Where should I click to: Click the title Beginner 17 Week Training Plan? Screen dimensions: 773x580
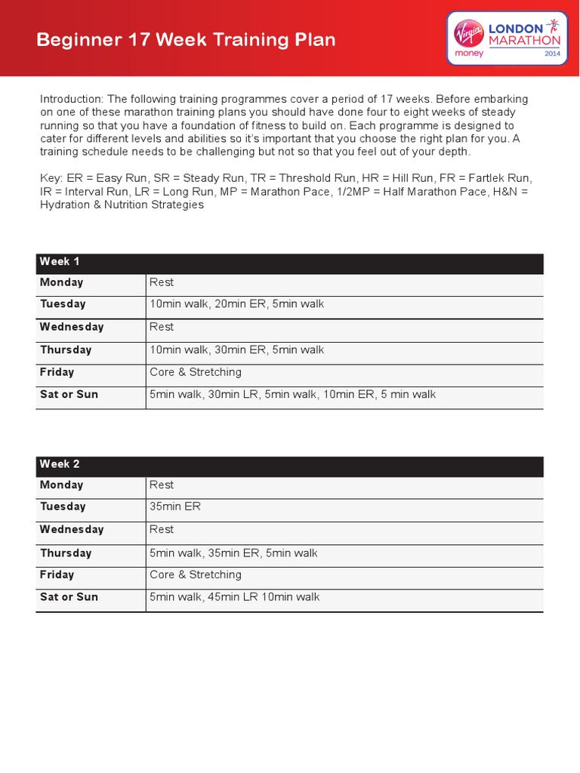coord(187,40)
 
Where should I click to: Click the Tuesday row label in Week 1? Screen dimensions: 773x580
coord(63,304)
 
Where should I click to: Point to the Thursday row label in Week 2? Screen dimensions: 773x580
coord(66,553)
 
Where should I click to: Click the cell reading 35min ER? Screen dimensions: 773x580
coord(175,507)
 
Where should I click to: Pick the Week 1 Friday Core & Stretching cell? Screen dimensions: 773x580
coord(196,372)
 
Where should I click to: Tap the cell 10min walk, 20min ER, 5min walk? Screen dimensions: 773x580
coord(237,304)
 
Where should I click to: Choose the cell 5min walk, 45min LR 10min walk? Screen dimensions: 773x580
coord(235,597)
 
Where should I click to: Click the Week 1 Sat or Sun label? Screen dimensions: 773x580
coord(69,394)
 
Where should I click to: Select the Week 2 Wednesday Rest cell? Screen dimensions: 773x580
coord(162,529)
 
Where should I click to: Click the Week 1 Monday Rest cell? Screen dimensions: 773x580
coord(162,282)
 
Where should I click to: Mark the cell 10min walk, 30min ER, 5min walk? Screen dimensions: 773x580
coord(237,350)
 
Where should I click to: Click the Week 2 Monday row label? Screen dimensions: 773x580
coord(61,485)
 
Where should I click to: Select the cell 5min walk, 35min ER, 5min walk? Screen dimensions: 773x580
coord(234,553)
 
